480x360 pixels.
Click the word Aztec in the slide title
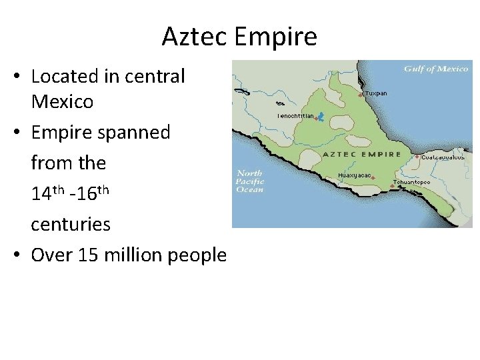[x=195, y=37]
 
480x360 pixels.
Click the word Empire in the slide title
[x=276, y=37]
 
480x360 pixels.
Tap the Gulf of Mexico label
[x=436, y=69]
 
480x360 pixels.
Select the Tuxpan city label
[x=376, y=93]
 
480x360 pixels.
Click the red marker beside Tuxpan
[x=361, y=95]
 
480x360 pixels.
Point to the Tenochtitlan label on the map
[x=295, y=115]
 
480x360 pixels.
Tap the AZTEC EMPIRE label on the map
[x=361, y=154]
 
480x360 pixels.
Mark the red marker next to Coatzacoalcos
[x=419, y=158]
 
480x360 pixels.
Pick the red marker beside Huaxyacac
[x=373, y=177]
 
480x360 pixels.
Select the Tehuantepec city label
[x=411, y=181]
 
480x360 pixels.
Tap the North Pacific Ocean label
[x=251, y=181]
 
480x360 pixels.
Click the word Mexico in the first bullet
[x=63, y=103]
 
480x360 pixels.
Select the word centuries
[x=71, y=224]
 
